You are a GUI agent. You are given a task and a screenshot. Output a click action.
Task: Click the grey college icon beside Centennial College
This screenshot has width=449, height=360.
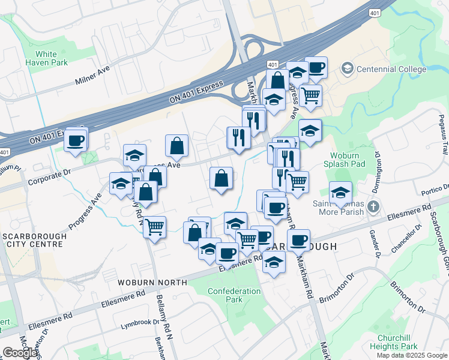(x=348, y=68)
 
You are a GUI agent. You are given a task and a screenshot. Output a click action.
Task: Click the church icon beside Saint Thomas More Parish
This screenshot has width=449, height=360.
(x=373, y=208)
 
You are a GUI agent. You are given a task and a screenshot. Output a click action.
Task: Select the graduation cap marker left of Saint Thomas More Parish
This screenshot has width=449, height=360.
(x=340, y=192)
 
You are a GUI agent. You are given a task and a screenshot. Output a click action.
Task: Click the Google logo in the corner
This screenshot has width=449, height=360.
(x=20, y=353)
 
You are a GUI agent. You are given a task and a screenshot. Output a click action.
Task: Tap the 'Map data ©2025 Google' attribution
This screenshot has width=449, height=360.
(x=412, y=355)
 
